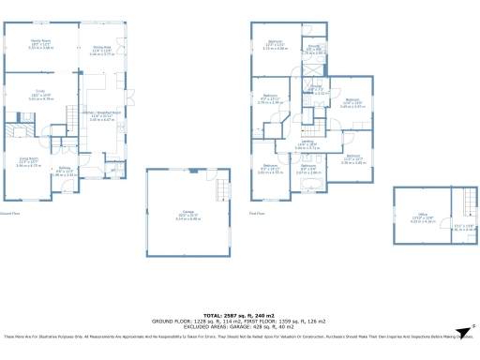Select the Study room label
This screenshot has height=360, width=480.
click(x=39, y=96)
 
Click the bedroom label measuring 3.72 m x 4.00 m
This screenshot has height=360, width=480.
click(x=275, y=46)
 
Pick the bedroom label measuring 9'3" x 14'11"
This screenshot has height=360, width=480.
click(x=270, y=171)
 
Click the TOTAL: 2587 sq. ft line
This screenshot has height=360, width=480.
click(x=239, y=316)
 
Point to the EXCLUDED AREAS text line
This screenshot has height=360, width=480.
click(x=239, y=327)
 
